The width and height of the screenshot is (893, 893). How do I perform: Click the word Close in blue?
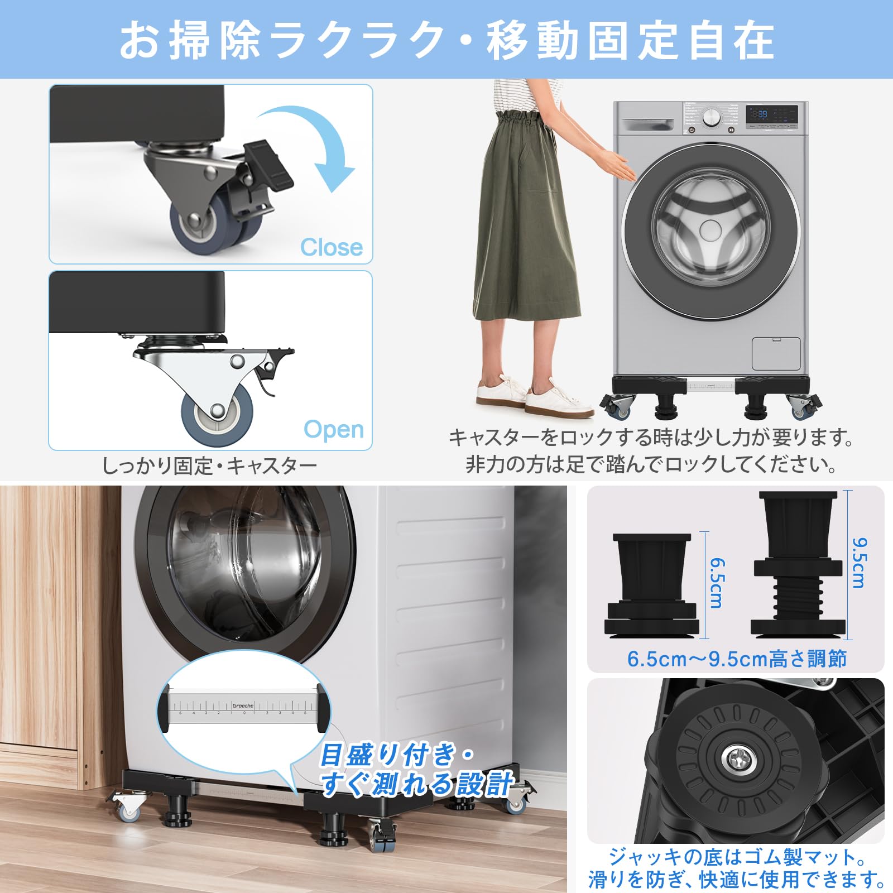click(332, 247)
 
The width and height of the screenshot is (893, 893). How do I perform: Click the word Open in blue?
click(334, 429)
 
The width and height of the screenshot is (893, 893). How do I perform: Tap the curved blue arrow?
click(313, 145)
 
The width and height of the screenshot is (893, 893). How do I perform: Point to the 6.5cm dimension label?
click(716, 583)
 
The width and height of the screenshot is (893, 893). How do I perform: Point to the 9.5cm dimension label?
click(858, 563)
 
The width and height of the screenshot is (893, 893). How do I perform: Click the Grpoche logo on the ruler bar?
click(243, 705)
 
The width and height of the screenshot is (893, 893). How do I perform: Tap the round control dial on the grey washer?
click(710, 118)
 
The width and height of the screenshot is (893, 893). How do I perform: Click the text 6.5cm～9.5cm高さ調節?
click(737, 659)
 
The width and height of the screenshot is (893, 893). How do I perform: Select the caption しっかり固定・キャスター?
click(209, 465)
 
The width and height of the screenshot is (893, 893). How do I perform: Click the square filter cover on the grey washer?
click(776, 353)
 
